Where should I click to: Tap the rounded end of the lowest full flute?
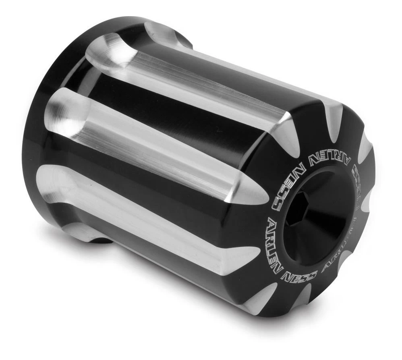(x=56, y=185)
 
